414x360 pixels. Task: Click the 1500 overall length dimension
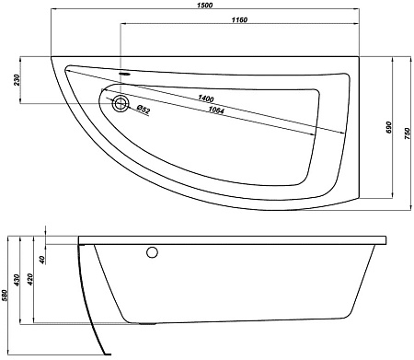click(205, 6)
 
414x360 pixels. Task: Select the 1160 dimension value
click(239, 20)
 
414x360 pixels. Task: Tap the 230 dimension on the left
click(17, 80)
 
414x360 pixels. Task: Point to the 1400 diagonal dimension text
click(205, 99)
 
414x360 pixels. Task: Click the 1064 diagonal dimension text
click(216, 110)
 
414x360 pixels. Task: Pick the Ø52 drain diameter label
click(144, 109)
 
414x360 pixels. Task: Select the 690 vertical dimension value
click(389, 127)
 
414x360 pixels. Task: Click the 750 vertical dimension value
click(408, 134)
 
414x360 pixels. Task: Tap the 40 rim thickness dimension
click(42, 260)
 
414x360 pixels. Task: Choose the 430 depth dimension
click(17, 280)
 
